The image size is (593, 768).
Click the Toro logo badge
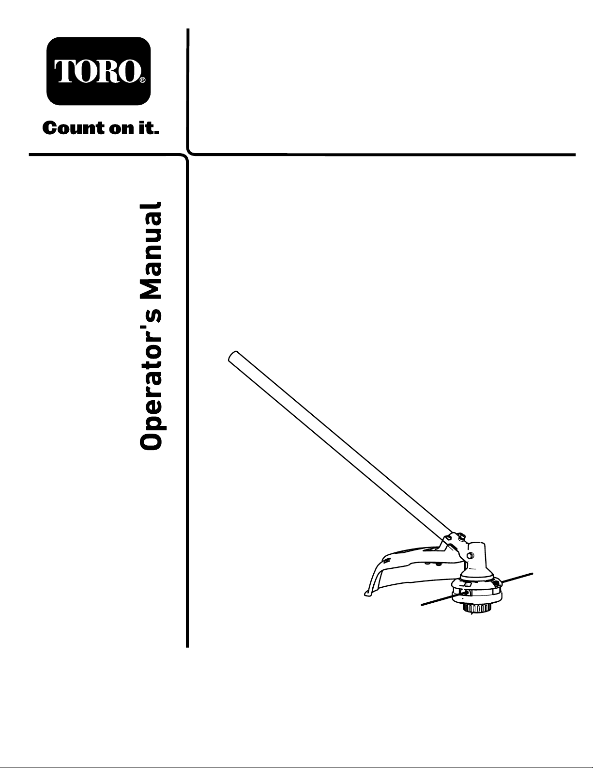tap(99, 71)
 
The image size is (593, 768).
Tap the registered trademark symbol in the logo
tap(142, 81)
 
